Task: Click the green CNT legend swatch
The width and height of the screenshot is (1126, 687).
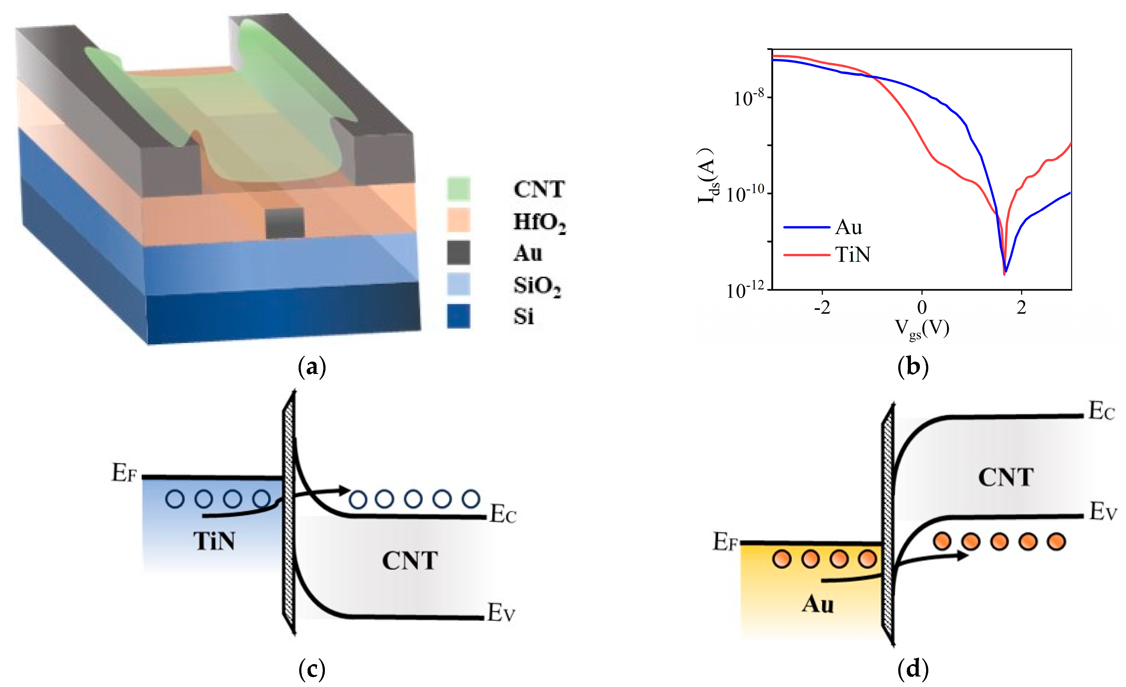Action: coord(458,189)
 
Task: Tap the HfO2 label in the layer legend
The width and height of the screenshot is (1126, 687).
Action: coord(539,222)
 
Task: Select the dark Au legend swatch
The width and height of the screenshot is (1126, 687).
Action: coord(458,253)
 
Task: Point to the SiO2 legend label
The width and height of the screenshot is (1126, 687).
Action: coord(537,286)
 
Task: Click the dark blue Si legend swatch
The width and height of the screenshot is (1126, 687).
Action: coord(458,316)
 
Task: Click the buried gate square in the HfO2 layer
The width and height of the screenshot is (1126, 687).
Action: coord(285,223)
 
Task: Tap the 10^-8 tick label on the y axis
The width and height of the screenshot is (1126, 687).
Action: coord(749,98)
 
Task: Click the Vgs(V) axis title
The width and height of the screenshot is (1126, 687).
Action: coord(922,329)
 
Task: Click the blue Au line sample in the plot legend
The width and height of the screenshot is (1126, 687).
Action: coord(807,227)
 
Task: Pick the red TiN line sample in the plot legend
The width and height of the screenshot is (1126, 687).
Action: coord(807,255)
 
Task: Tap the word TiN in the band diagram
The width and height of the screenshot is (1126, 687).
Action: coord(214,541)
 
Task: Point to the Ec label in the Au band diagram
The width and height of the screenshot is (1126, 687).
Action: coord(1101,411)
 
